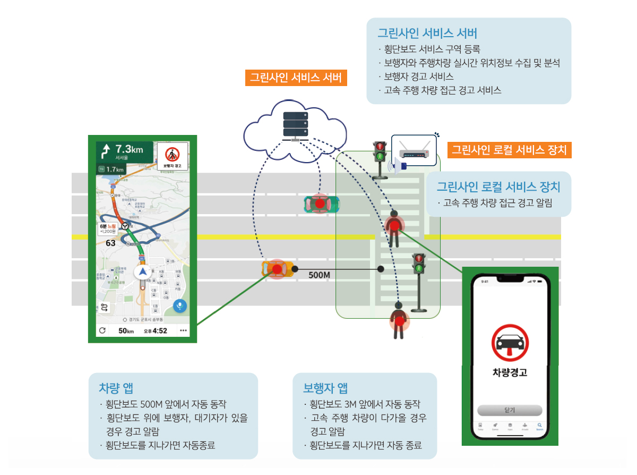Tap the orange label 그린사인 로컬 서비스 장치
[509, 150]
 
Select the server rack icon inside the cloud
[296, 126]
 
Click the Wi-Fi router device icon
[414, 150]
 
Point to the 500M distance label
[320, 275]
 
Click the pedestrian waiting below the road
[398, 320]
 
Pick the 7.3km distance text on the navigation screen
[129, 149]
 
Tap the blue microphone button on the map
[180, 307]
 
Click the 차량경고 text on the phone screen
[510, 372]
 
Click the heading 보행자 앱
[325, 388]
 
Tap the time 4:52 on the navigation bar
[159, 331]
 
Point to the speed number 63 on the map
[111, 243]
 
